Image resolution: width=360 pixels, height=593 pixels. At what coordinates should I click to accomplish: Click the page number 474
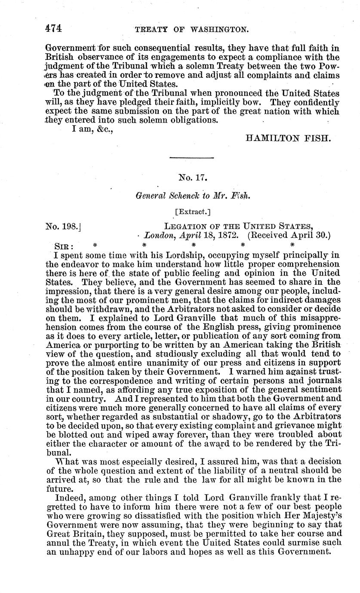(54, 28)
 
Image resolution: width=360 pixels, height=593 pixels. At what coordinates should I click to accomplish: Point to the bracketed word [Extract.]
(192, 211)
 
